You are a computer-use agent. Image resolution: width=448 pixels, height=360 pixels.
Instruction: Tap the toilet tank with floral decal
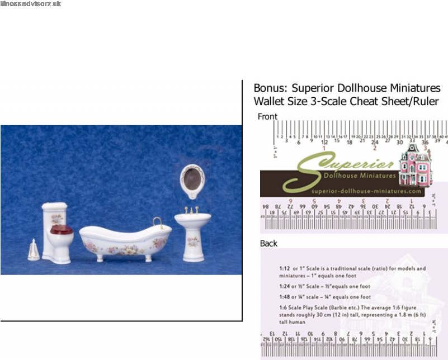point(55,215)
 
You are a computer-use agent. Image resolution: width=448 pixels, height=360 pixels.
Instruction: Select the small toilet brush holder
point(33,250)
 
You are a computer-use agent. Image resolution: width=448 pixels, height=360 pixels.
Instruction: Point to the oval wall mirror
point(192,179)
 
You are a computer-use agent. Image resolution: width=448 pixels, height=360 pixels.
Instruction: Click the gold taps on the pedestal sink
point(192,211)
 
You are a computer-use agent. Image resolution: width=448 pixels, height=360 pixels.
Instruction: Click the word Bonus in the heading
point(270,88)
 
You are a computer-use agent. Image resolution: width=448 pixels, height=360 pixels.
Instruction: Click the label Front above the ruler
point(267,116)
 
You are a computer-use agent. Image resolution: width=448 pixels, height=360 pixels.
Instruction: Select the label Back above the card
point(268,243)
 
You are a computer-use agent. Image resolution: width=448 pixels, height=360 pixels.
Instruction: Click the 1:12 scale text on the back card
point(286,268)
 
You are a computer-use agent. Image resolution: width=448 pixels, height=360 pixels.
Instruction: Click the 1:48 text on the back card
point(286,297)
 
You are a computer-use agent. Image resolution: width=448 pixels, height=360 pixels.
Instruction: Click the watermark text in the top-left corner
point(31,4)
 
